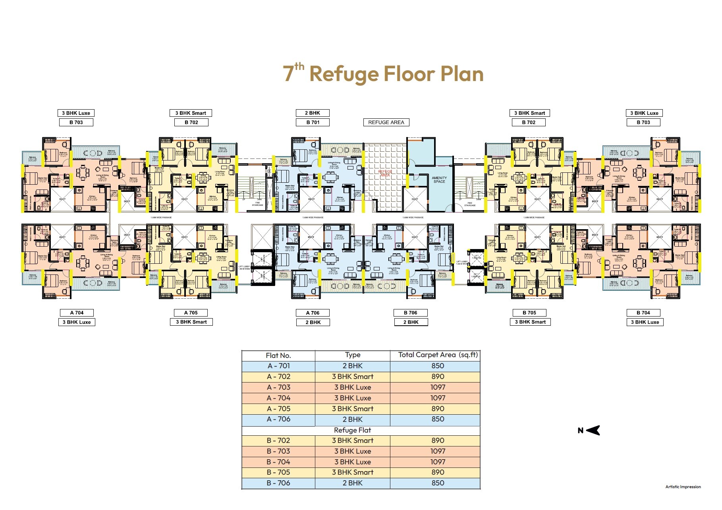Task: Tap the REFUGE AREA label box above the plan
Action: (386, 122)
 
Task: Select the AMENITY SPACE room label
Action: (439, 180)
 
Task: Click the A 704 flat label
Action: (77, 313)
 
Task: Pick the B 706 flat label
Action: (411, 313)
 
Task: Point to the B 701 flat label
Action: (313, 122)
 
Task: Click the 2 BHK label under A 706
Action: (313, 322)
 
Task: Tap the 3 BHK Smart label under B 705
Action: (530, 322)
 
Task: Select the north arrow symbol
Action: (593, 430)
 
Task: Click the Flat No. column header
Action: (278, 355)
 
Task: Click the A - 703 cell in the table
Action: (278, 387)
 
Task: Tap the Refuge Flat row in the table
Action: (352, 430)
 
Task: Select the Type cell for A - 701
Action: (352, 366)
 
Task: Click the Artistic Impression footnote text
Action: (683, 487)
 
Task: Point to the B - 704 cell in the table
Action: (278, 462)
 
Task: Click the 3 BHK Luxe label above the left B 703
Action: (76, 113)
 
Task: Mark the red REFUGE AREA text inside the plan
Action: (385, 174)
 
